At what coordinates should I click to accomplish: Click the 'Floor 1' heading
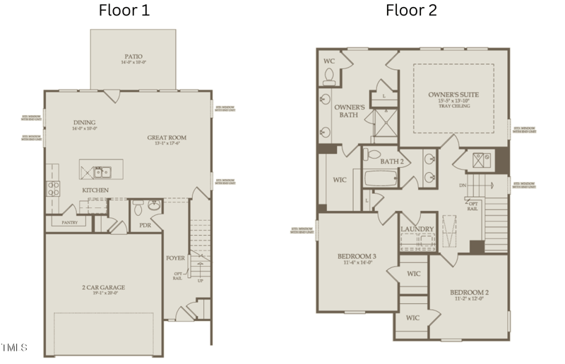(124, 10)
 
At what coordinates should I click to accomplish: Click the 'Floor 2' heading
(411, 10)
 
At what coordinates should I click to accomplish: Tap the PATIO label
(133, 56)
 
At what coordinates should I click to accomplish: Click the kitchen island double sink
(102, 171)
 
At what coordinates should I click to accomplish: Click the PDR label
(145, 225)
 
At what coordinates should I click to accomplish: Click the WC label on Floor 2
(328, 61)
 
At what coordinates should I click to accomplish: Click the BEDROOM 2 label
(470, 291)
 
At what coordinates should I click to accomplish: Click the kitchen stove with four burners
(53, 188)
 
